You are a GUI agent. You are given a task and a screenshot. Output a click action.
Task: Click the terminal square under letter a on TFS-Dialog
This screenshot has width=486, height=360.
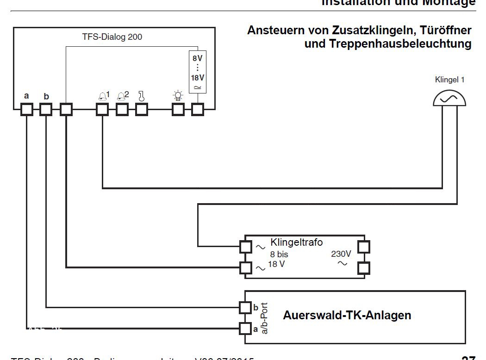pyautogui.click(x=27, y=109)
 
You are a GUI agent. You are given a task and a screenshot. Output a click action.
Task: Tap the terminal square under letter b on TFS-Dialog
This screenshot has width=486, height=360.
pyautogui.click(x=46, y=109)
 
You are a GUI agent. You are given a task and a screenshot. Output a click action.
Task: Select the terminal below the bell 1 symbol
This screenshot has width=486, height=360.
pyautogui.click(x=102, y=109)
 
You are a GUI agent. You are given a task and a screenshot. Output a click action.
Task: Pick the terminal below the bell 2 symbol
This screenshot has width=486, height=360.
pyautogui.click(x=122, y=109)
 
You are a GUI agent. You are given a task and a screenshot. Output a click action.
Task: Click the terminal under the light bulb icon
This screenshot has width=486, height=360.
pyautogui.click(x=178, y=109)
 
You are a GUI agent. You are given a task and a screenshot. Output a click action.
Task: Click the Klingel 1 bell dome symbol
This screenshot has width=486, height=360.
pyautogui.click(x=449, y=98)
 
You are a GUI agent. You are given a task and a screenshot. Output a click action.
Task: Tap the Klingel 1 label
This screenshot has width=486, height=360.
pyautogui.click(x=449, y=80)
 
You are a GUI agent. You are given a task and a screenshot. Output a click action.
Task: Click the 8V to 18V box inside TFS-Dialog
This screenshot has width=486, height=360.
pyautogui.click(x=198, y=72)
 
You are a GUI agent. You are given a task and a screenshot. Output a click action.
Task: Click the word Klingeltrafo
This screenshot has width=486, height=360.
pyautogui.click(x=297, y=242)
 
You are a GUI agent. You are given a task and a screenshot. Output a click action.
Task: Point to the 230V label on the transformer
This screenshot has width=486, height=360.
pyautogui.click(x=341, y=254)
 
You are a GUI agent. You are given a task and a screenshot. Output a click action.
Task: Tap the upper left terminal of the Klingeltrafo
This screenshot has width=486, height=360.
pyautogui.click(x=245, y=246)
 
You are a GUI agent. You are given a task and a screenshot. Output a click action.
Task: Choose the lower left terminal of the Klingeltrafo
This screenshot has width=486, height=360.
pyautogui.click(x=245, y=267)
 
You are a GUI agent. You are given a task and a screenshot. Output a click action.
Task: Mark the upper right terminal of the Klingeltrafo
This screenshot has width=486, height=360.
pyautogui.click(x=364, y=246)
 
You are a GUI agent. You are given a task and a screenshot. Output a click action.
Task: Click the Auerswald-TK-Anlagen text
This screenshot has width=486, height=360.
pyautogui.click(x=347, y=316)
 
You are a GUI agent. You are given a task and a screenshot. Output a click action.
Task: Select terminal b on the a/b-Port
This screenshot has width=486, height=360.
pyautogui.click(x=245, y=307)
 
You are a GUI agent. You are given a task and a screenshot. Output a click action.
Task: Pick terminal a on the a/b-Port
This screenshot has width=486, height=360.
pyautogui.click(x=245, y=328)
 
